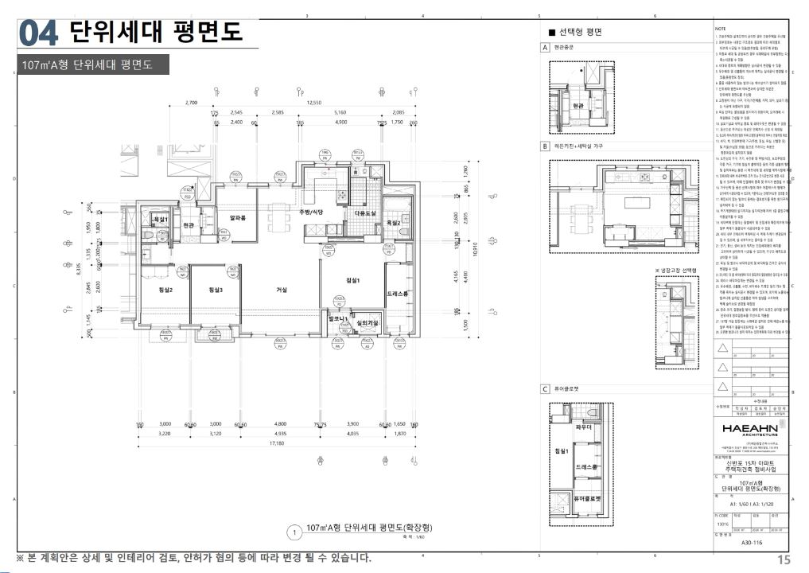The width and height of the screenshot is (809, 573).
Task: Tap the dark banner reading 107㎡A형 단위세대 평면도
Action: coord(93,64)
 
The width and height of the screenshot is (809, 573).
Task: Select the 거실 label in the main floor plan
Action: coord(281,290)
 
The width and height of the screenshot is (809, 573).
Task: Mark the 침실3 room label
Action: coord(215,290)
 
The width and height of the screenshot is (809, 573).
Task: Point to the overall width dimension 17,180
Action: coord(277,443)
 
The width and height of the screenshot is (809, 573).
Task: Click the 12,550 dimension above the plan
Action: coord(314,103)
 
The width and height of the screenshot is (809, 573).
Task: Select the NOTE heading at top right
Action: coord(719,28)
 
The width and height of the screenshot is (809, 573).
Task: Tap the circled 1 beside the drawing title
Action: coord(294,531)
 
